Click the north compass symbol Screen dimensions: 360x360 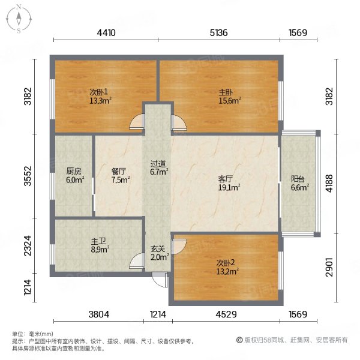point(19,19)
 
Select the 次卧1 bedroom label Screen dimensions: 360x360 point(98,92)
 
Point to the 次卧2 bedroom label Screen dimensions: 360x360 point(227,262)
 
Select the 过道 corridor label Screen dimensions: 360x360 point(158,163)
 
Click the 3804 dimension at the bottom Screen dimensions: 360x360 point(98,314)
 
